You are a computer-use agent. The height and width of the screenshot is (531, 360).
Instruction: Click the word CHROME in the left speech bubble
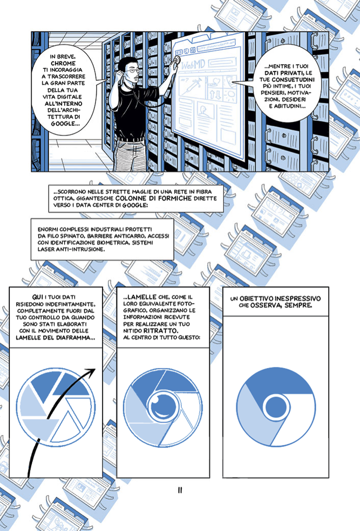point(63,63)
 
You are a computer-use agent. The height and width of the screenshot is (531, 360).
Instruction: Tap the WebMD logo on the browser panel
point(193,65)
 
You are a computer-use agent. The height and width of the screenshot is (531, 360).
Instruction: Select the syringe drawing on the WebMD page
point(192,85)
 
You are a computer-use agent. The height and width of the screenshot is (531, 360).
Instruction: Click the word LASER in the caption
point(46,249)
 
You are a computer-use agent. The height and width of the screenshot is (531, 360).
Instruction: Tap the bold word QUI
point(37,297)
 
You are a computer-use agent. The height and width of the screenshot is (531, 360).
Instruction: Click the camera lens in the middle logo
point(162,405)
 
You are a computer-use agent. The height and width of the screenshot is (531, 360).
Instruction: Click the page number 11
point(180,490)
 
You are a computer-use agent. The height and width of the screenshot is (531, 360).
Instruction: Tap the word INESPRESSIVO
point(298,298)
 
